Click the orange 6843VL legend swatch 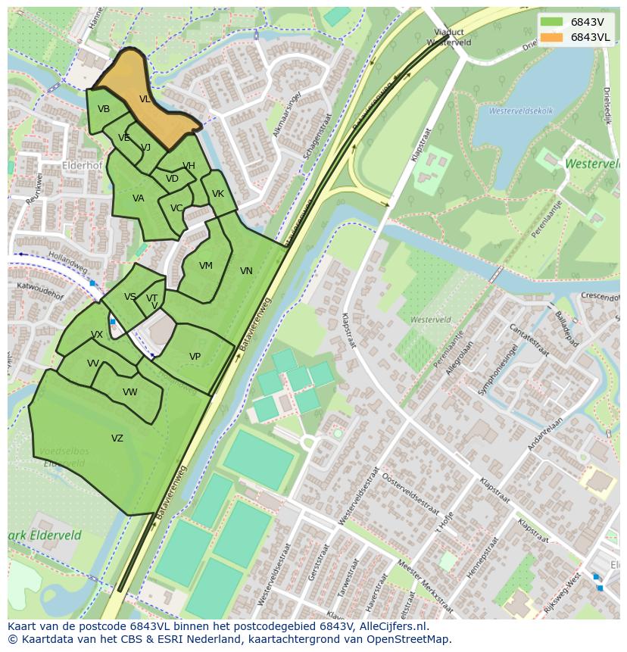pos(552,37)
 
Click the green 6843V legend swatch pos(552,22)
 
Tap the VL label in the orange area pos(145,99)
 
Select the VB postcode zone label pos(104,109)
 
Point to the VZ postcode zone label pos(117,438)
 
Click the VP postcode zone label pos(195,357)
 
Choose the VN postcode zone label pos(246,271)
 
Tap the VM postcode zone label pos(205,266)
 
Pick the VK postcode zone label pos(218,194)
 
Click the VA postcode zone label pos(138,198)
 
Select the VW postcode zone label pos(130,392)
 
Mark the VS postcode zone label pos(130,297)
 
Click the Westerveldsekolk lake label pos(521,111)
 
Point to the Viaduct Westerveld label pos(448,37)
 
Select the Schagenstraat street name pos(317,136)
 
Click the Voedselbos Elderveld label pos(64,457)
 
